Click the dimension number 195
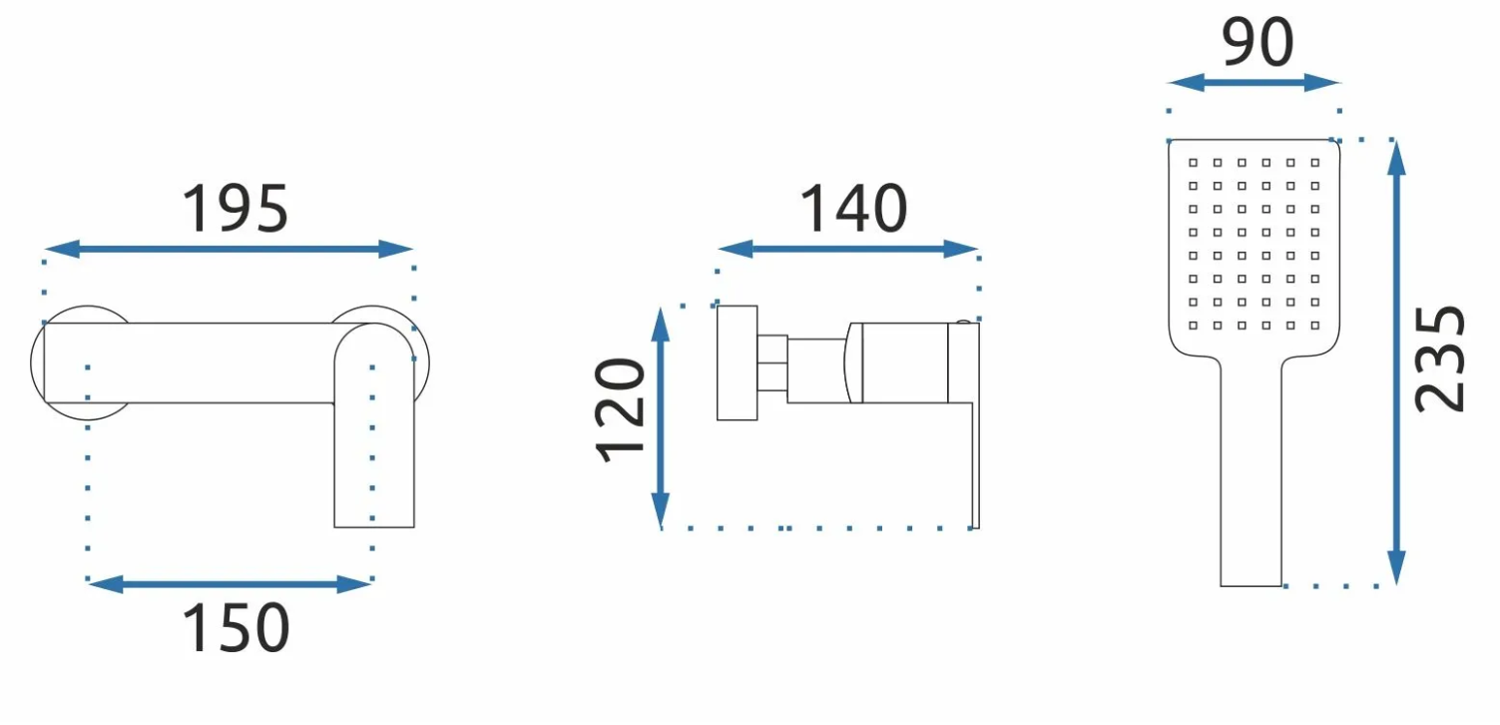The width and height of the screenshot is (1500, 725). [236, 209]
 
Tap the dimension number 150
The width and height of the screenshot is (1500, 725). [236, 627]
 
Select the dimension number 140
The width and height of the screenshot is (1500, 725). [854, 209]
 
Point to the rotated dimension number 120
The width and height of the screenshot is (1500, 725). [620, 410]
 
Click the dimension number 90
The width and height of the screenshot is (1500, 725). [1257, 42]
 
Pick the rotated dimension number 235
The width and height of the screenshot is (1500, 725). [1440, 359]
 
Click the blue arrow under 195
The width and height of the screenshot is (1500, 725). [229, 250]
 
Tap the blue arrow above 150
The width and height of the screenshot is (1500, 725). [229, 584]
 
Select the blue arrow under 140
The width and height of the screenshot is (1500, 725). [847, 250]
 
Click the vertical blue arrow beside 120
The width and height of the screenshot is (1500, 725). [661, 418]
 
